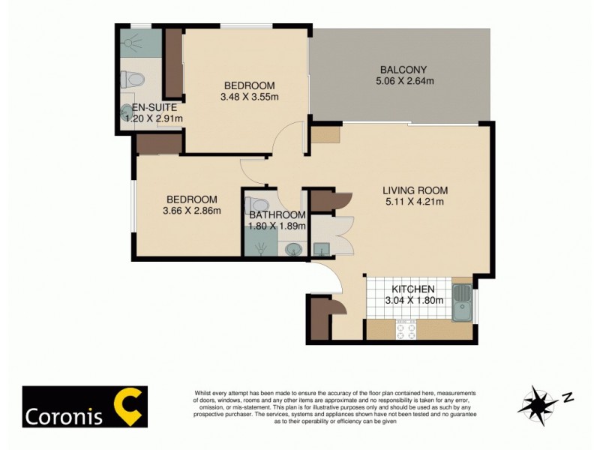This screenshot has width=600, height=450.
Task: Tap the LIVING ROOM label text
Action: point(414,189)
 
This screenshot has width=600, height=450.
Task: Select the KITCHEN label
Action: point(413,289)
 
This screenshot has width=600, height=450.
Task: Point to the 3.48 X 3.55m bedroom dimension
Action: point(250,97)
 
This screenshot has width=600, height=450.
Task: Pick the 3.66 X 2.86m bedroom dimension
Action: point(192,211)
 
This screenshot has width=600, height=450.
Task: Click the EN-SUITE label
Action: point(152,107)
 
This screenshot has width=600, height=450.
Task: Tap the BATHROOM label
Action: point(278,215)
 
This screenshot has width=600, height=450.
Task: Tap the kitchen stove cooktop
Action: point(406,329)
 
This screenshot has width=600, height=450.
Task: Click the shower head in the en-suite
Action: point(134,42)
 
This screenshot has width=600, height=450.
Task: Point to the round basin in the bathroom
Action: point(294,248)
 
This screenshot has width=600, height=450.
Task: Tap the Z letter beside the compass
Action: point(568,397)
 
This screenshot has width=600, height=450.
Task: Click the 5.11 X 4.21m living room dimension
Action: point(414,201)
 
